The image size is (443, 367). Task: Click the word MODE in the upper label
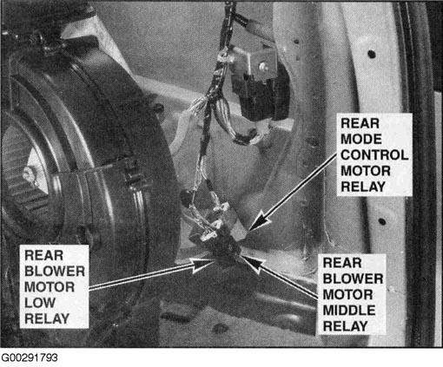point(361,140)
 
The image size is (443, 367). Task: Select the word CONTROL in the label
point(374,155)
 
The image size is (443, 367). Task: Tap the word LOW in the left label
point(40,303)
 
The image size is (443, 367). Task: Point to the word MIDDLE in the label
point(349,311)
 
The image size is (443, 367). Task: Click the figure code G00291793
point(30,357)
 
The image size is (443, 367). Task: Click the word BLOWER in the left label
point(55,272)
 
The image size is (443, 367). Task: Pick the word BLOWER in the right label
point(353,279)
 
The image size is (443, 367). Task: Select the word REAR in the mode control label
point(360,123)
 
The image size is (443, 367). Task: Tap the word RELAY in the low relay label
point(47,318)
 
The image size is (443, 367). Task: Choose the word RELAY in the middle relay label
point(345,326)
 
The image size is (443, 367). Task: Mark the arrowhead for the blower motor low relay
point(203,265)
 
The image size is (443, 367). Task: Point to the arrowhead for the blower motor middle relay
point(253,262)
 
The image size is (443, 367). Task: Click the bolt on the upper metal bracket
point(263,67)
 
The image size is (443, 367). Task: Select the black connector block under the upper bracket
point(261,95)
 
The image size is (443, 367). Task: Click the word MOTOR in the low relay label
point(50,287)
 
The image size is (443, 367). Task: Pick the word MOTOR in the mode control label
point(366,171)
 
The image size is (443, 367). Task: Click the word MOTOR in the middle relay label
point(347,295)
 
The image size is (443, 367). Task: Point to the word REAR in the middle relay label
point(342,263)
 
